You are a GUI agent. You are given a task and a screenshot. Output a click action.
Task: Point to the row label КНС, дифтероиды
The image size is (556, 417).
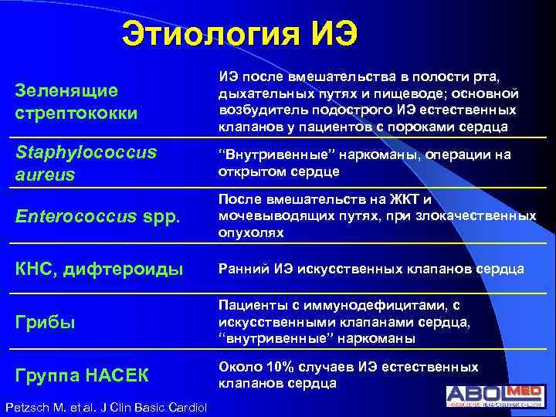pyautogui.click(x=100, y=270)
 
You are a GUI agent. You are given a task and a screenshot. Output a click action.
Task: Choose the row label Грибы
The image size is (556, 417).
pyautogui.click(x=46, y=323)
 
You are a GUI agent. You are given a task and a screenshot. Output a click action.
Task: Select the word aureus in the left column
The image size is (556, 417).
pyautogui.click(x=45, y=175)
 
